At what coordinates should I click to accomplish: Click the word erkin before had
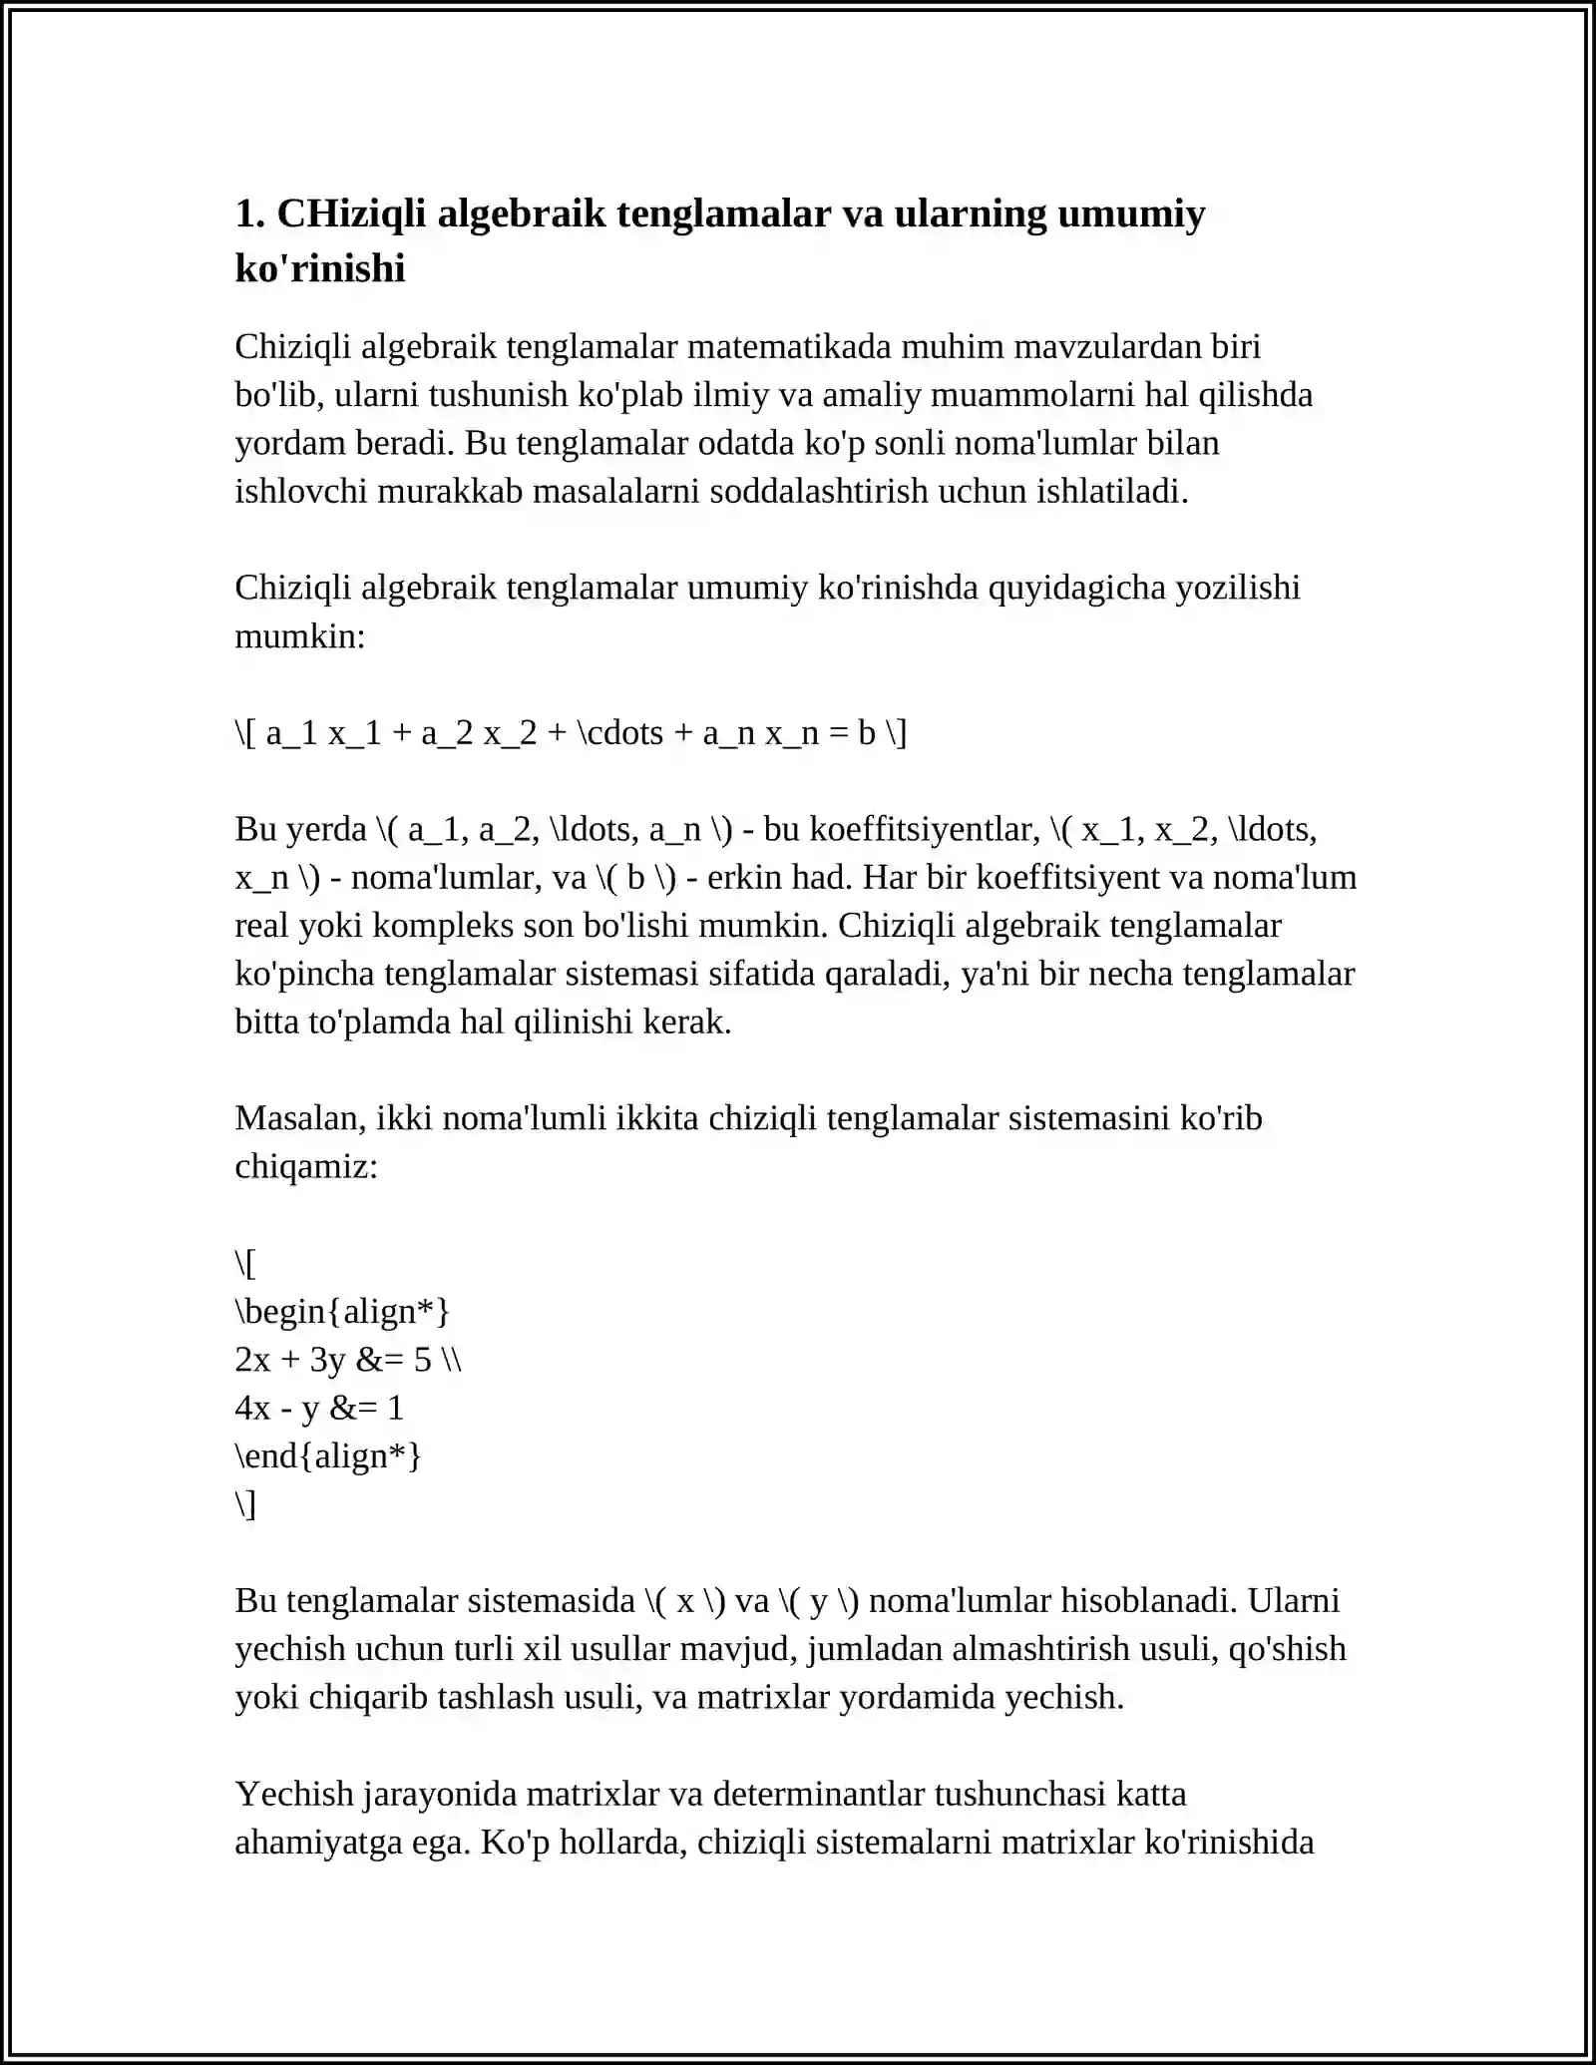[x=744, y=878]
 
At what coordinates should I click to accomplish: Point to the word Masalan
[x=299, y=1118]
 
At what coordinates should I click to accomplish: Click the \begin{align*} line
[x=342, y=1312]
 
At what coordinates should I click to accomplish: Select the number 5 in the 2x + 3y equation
[x=423, y=1360]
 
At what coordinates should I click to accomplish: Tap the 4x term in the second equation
[x=252, y=1409]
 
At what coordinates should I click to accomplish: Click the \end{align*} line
[x=328, y=1456]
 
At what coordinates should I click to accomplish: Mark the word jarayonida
[x=439, y=1795]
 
